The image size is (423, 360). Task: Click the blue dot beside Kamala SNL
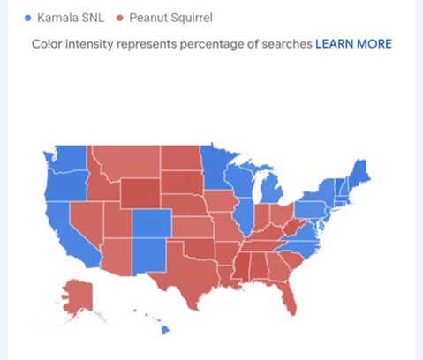[28, 17]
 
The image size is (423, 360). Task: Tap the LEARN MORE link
[353, 43]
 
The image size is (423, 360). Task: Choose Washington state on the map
[67, 159]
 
